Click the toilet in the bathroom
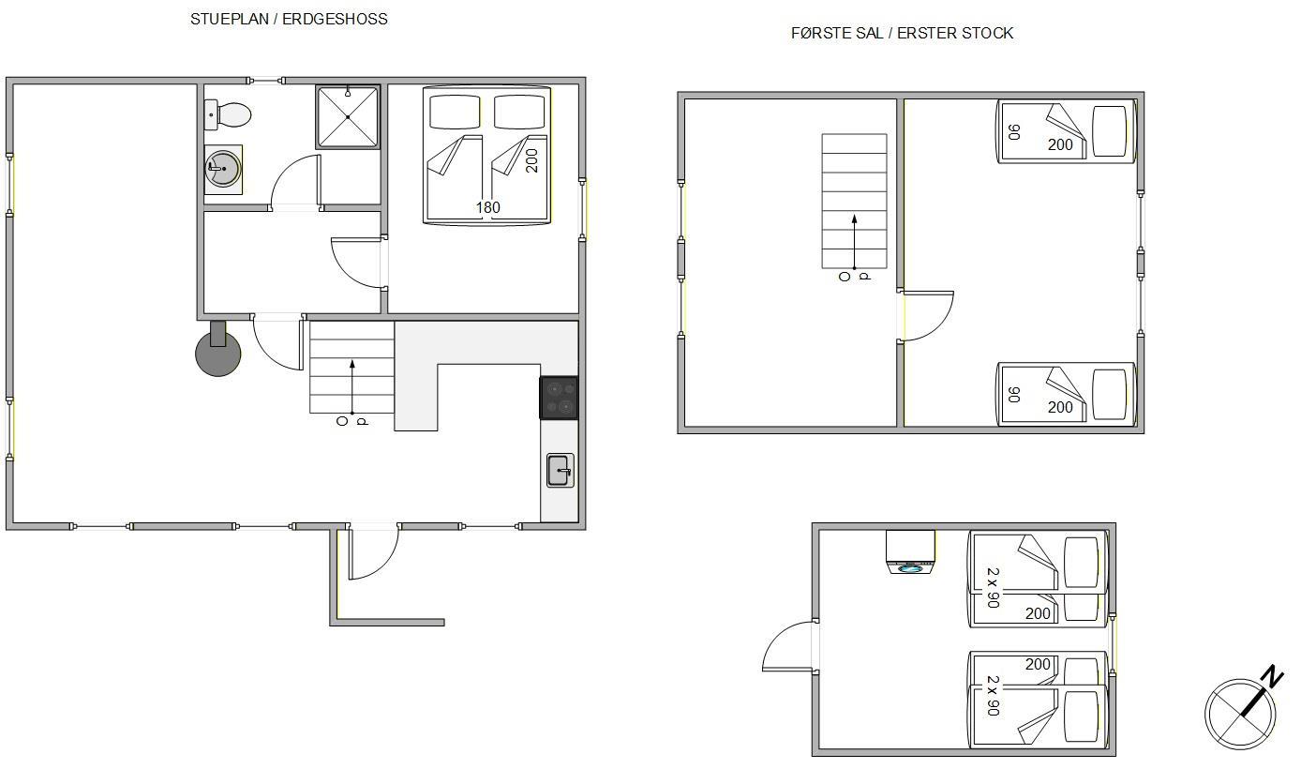(x=228, y=114)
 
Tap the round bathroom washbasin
(x=223, y=169)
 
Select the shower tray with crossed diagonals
(x=348, y=116)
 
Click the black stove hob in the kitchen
(x=559, y=398)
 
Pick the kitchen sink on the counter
(x=560, y=470)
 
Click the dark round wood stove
(x=218, y=352)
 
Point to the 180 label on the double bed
(x=487, y=207)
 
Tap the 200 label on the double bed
(x=531, y=160)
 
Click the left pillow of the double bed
(x=455, y=112)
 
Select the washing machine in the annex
(x=911, y=551)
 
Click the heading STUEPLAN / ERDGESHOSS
(x=289, y=19)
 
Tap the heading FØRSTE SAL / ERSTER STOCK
(x=902, y=33)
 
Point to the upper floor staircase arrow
(x=854, y=242)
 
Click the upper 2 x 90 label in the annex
(x=993, y=587)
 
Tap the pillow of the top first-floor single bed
(x=1109, y=131)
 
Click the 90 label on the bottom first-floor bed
(x=1013, y=395)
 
